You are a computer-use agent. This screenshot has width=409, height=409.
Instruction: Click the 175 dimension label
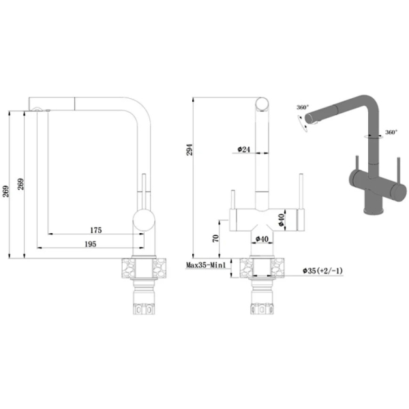coord(96,230)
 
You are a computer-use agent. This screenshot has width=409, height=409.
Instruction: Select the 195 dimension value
coord(91,244)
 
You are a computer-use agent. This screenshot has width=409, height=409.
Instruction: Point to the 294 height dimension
coord(189,150)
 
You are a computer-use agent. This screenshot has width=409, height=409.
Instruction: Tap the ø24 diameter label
coord(243,149)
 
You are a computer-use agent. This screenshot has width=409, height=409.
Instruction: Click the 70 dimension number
coord(215,239)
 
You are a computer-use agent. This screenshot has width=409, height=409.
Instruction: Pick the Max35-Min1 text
coord(206,265)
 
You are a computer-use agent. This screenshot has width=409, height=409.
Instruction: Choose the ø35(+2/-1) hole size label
coord(322,271)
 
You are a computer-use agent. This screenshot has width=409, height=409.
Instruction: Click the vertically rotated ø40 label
coord(281,220)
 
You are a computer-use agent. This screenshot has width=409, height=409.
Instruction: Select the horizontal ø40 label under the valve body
coord(262,239)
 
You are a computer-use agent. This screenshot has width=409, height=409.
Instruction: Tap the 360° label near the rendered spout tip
coord(303,107)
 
